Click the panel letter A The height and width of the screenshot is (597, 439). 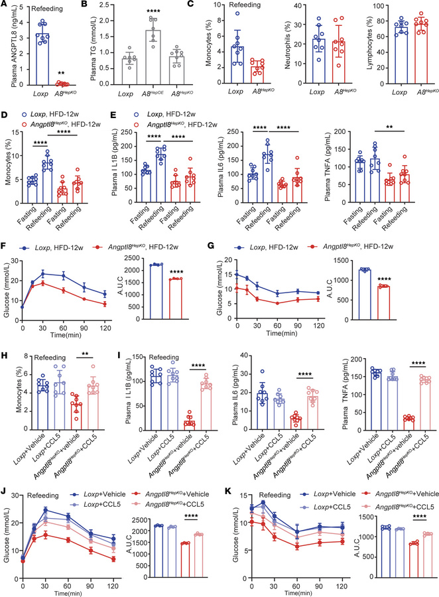5,6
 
